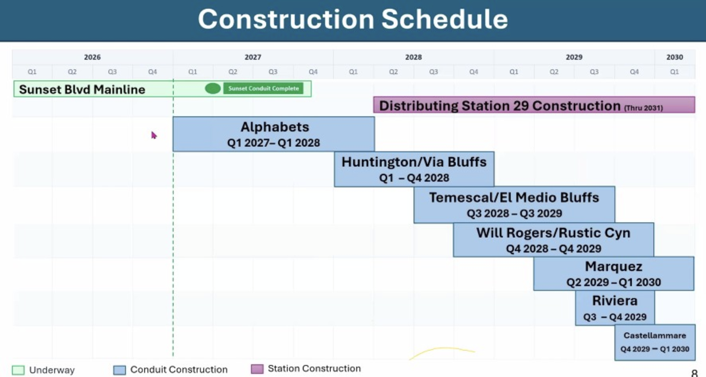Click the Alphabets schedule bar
coord(274,134)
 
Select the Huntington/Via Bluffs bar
coord(414,169)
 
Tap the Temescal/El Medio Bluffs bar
coord(514,204)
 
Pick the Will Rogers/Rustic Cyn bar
coord(553,240)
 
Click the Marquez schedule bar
coord(614,273)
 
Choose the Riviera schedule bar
coord(615,308)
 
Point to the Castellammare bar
coord(655,342)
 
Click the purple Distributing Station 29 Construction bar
coord(534,105)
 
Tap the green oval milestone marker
coord(213,88)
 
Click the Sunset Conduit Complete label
coord(263,88)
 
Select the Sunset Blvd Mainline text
coord(82,89)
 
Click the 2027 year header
coord(253,57)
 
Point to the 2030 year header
coord(675,57)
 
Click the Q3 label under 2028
coord(433,72)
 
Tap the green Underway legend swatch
coord(18,370)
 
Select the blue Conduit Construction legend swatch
coord(120,370)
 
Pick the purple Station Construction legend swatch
coord(257,369)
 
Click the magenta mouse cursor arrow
coord(154,135)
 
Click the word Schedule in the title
coord(445,19)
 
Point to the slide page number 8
coord(694,373)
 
